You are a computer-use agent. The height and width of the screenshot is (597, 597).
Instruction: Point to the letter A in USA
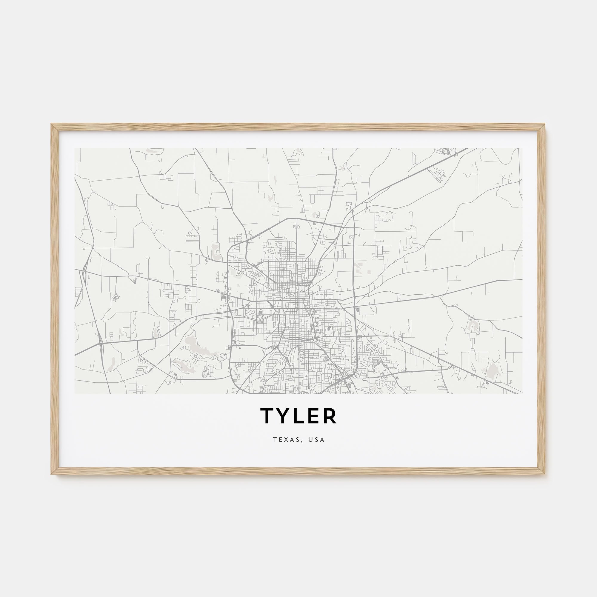click(323, 439)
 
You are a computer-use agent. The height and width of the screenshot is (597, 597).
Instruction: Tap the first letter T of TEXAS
click(275, 439)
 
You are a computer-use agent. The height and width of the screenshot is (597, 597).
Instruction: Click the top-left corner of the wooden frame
click(52, 124)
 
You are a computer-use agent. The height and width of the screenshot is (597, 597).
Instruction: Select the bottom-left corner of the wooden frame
click(52, 474)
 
